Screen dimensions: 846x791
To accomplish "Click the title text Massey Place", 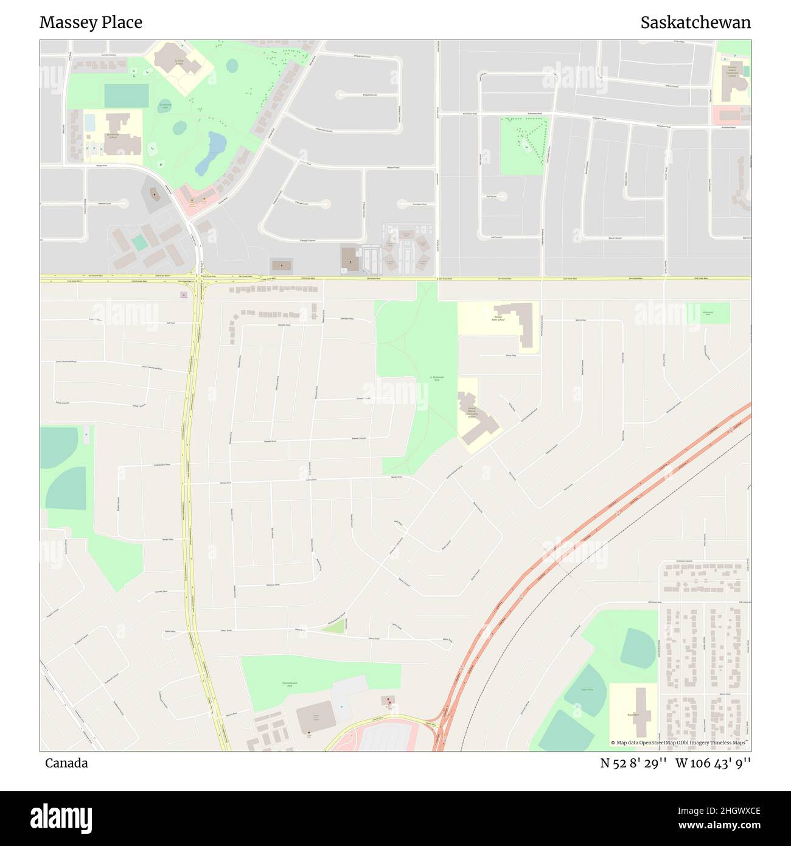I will (91, 23).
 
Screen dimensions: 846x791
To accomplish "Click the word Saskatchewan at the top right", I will (695, 23).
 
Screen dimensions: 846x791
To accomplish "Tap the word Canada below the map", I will (66, 763).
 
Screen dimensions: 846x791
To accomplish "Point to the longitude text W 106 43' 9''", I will (713, 763).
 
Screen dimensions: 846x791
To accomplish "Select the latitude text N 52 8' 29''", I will (633, 763).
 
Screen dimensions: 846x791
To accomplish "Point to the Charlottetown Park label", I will (291, 684).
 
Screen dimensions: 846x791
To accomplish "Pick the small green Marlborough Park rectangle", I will (708, 313).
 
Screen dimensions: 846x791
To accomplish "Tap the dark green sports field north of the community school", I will (127, 96).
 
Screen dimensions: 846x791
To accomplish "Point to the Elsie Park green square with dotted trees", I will (523, 145).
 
